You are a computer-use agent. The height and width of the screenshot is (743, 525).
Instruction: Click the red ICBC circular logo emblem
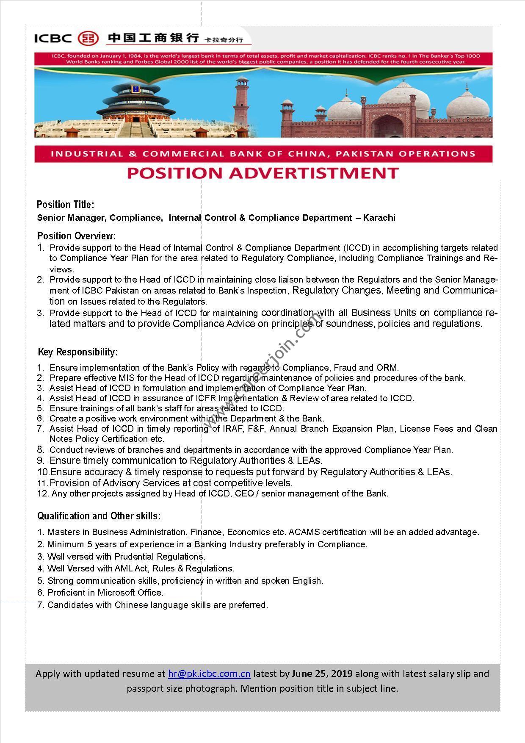pyautogui.click(x=88, y=39)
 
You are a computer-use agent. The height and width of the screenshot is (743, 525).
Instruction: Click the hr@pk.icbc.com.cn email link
pyautogui.click(x=209, y=674)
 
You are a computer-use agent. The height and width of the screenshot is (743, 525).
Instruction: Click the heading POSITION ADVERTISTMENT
pyautogui.click(x=263, y=173)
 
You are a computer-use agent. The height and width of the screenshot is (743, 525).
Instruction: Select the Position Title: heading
pyautogui.click(x=66, y=205)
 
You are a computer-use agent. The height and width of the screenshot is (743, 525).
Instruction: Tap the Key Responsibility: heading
pyautogui.click(x=78, y=352)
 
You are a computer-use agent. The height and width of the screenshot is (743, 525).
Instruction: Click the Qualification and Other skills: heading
pyautogui.click(x=99, y=516)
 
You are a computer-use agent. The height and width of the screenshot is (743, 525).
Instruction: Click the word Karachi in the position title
pyautogui.click(x=379, y=218)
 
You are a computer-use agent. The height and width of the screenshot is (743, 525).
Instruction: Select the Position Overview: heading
pyautogui.click(x=77, y=236)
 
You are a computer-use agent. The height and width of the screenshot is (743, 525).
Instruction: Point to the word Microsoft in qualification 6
pyautogui.click(x=117, y=593)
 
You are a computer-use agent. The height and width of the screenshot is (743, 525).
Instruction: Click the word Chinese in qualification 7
pyautogui.click(x=129, y=605)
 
